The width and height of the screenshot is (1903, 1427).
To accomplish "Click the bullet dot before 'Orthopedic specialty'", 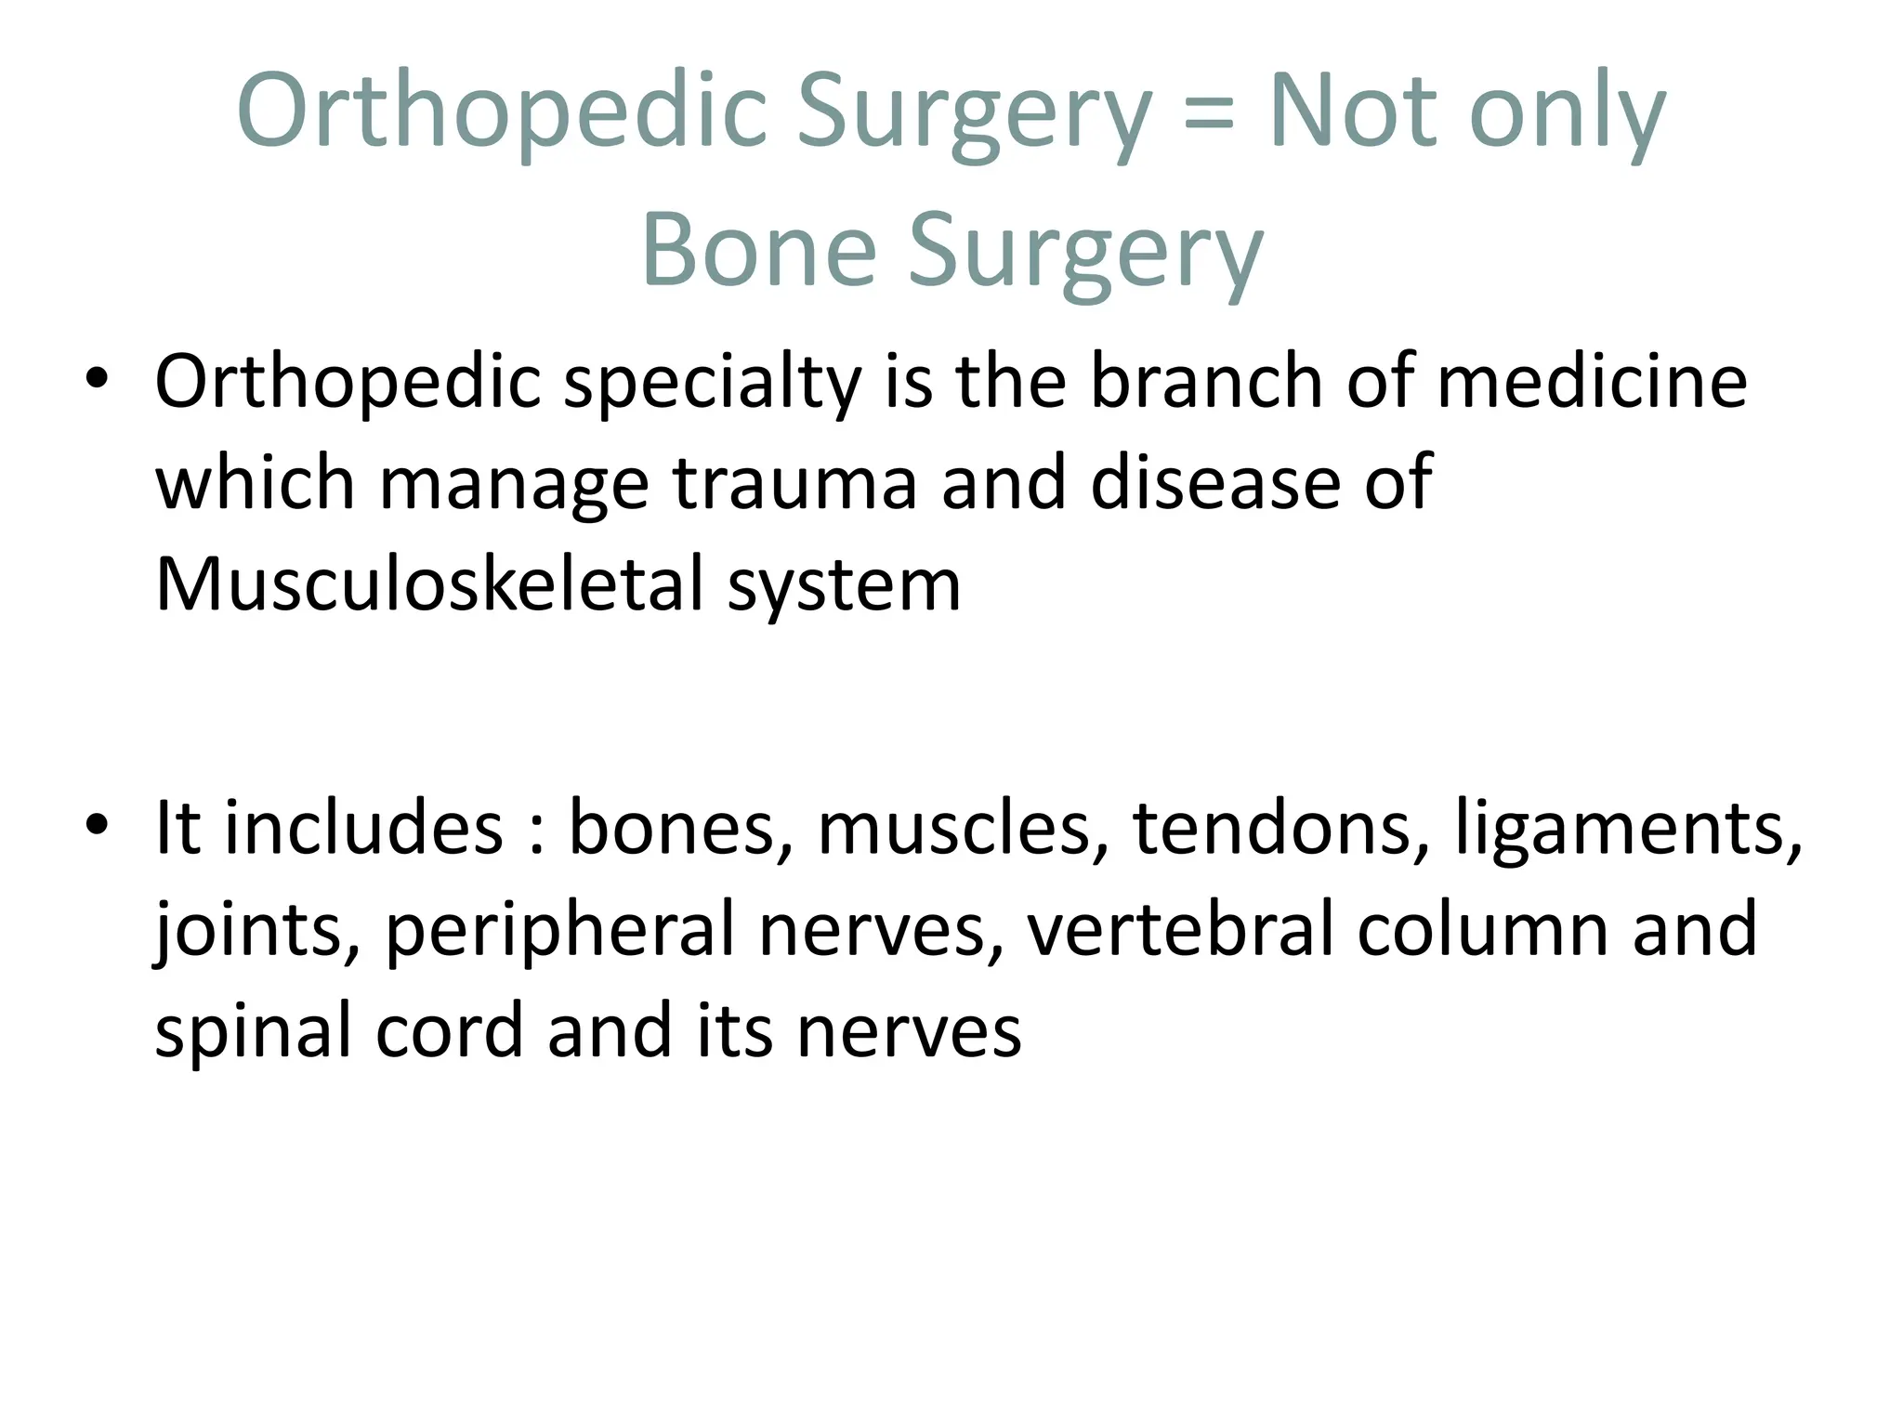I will [97, 379].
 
